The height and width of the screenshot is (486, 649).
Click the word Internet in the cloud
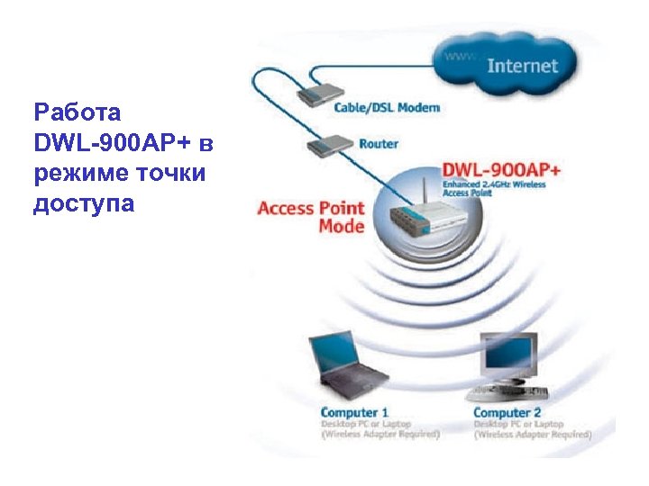[522, 66]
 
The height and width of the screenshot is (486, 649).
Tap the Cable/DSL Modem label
[388, 108]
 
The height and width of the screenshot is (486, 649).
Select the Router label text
[379, 143]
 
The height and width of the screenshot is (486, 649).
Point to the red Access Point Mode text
[311, 217]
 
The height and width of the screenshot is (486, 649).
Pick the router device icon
[334, 142]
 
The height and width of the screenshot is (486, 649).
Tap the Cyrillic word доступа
[84, 204]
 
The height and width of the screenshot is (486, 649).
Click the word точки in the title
[171, 174]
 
